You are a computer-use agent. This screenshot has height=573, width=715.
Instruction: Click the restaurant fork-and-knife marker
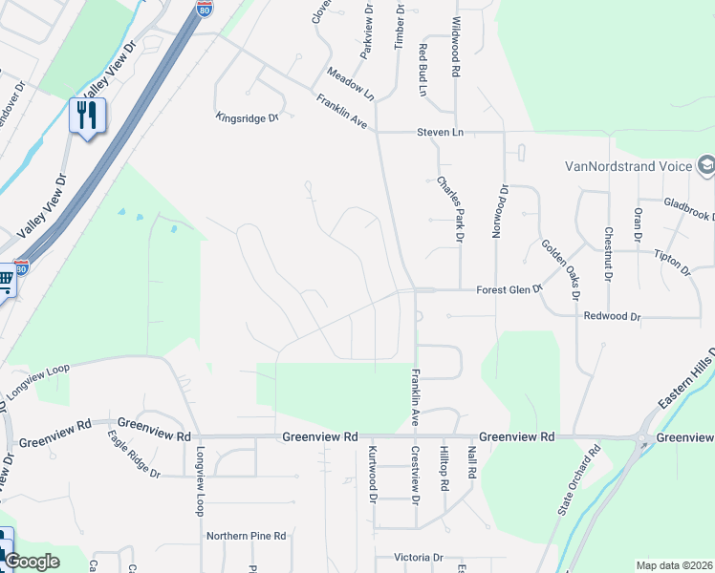point(87,117)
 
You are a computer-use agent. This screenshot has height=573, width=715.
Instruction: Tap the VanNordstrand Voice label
point(628,166)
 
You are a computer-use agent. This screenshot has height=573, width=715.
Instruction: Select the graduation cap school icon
point(706,165)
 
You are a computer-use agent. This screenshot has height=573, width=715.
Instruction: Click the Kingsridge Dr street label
point(247,117)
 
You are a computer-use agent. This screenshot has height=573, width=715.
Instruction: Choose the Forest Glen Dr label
point(509,289)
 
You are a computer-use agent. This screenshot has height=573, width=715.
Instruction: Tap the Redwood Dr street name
point(611,315)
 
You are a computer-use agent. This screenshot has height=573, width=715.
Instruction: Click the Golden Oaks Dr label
point(560,269)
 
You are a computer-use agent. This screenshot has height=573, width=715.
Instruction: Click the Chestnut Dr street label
point(607,239)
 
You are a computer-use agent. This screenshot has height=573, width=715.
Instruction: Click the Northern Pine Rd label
point(247,536)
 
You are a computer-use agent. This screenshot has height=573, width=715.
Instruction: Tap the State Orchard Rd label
point(579,481)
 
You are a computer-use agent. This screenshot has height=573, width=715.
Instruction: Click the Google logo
point(31,562)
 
